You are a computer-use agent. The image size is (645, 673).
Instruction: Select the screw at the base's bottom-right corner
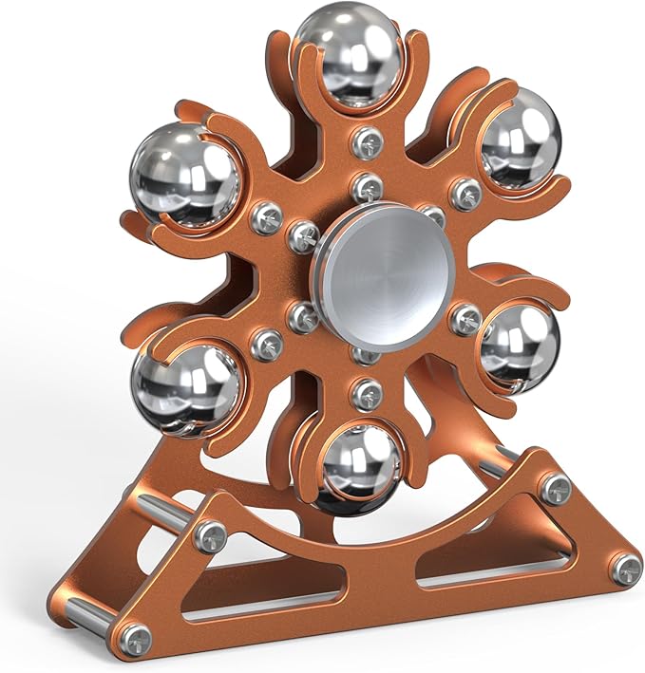tap(626, 568)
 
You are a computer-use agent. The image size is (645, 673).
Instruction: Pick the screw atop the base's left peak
tap(210, 536)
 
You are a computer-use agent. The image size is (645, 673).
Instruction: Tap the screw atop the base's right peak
tap(556, 488)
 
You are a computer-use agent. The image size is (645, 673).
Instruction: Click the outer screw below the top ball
tap(367, 143)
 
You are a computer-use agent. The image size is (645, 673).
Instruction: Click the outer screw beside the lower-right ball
tap(466, 318)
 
